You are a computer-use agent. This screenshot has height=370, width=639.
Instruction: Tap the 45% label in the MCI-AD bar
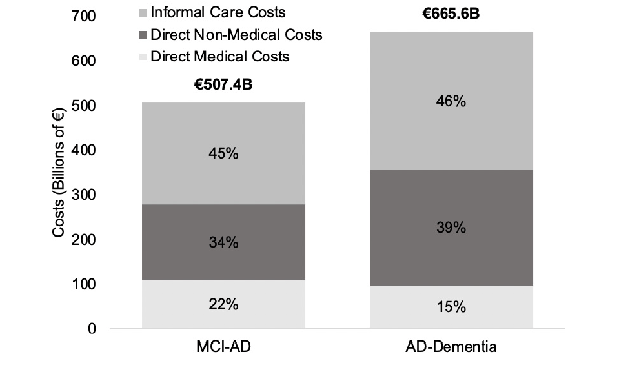point(223,154)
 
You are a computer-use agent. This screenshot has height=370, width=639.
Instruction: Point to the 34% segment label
point(223,242)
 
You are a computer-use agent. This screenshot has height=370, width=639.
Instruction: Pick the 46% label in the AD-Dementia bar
point(451,102)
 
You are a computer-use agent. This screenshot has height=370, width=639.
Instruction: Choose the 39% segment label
point(451,228)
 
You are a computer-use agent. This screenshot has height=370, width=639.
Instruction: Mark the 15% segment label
point(451,307)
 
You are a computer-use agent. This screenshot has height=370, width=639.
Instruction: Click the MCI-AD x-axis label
point(223,347)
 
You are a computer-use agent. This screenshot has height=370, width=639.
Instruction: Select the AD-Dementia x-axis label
point(451,347)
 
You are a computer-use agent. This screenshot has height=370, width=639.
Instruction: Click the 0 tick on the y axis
point(92,329)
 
